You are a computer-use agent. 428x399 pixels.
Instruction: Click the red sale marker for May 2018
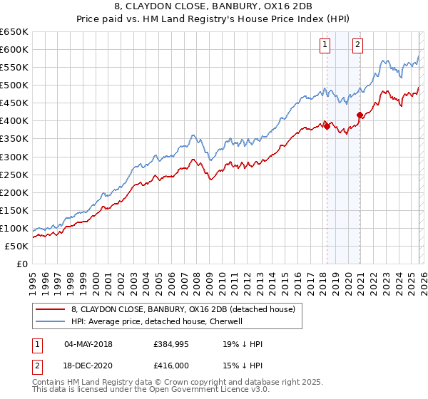(327, 125)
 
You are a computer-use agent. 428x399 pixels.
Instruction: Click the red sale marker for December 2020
(360, 114)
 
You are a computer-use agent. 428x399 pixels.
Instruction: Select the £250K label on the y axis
(14, 175)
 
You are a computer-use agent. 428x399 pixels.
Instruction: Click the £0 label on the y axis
(21, 264)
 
